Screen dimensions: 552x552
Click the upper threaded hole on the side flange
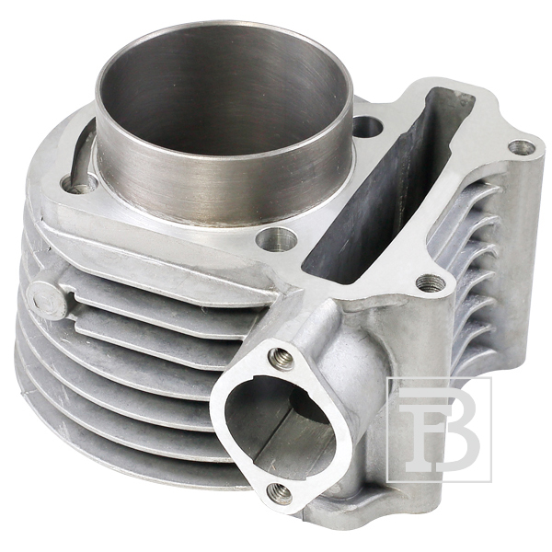coord(282,358)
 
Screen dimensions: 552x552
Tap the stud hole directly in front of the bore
coord(275,240)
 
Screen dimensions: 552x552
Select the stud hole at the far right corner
coord(522,146)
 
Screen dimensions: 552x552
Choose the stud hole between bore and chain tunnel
coord(367,126)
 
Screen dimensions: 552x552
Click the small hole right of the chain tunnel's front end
coord(429,282)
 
